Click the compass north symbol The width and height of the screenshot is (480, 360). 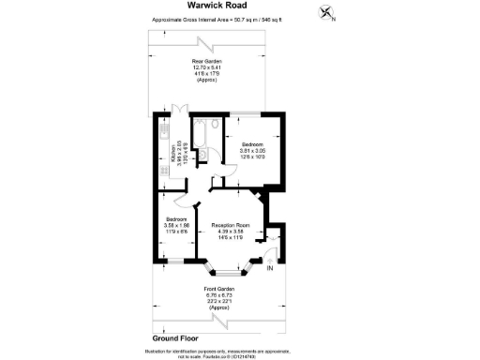pyautogui.click(x=326, y=12)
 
